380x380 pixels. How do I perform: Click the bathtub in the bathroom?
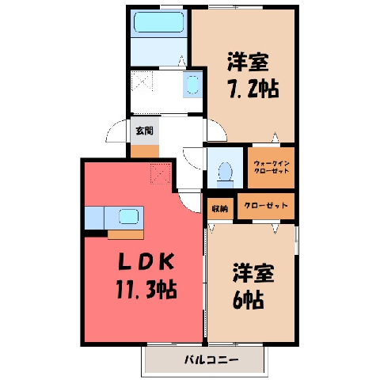point(159,22)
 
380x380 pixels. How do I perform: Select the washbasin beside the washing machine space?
point(192,85)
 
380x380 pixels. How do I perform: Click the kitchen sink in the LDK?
point(128,217)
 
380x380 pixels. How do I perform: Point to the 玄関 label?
point(145,131)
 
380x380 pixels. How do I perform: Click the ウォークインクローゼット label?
point(272,167)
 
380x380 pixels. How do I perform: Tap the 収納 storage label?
point(220,209)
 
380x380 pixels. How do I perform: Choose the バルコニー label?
point(211,359)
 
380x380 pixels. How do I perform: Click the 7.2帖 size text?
point(253,89)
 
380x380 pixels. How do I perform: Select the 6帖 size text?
point(249,300)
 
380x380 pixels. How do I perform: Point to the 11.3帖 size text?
point(146,290)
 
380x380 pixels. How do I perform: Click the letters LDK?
point(146,261)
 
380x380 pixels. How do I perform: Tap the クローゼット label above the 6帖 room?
point(266,205)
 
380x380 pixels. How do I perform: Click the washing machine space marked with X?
point(142,82)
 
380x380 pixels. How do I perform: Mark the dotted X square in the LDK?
point(161,173)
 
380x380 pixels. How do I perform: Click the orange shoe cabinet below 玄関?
point(145,151)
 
